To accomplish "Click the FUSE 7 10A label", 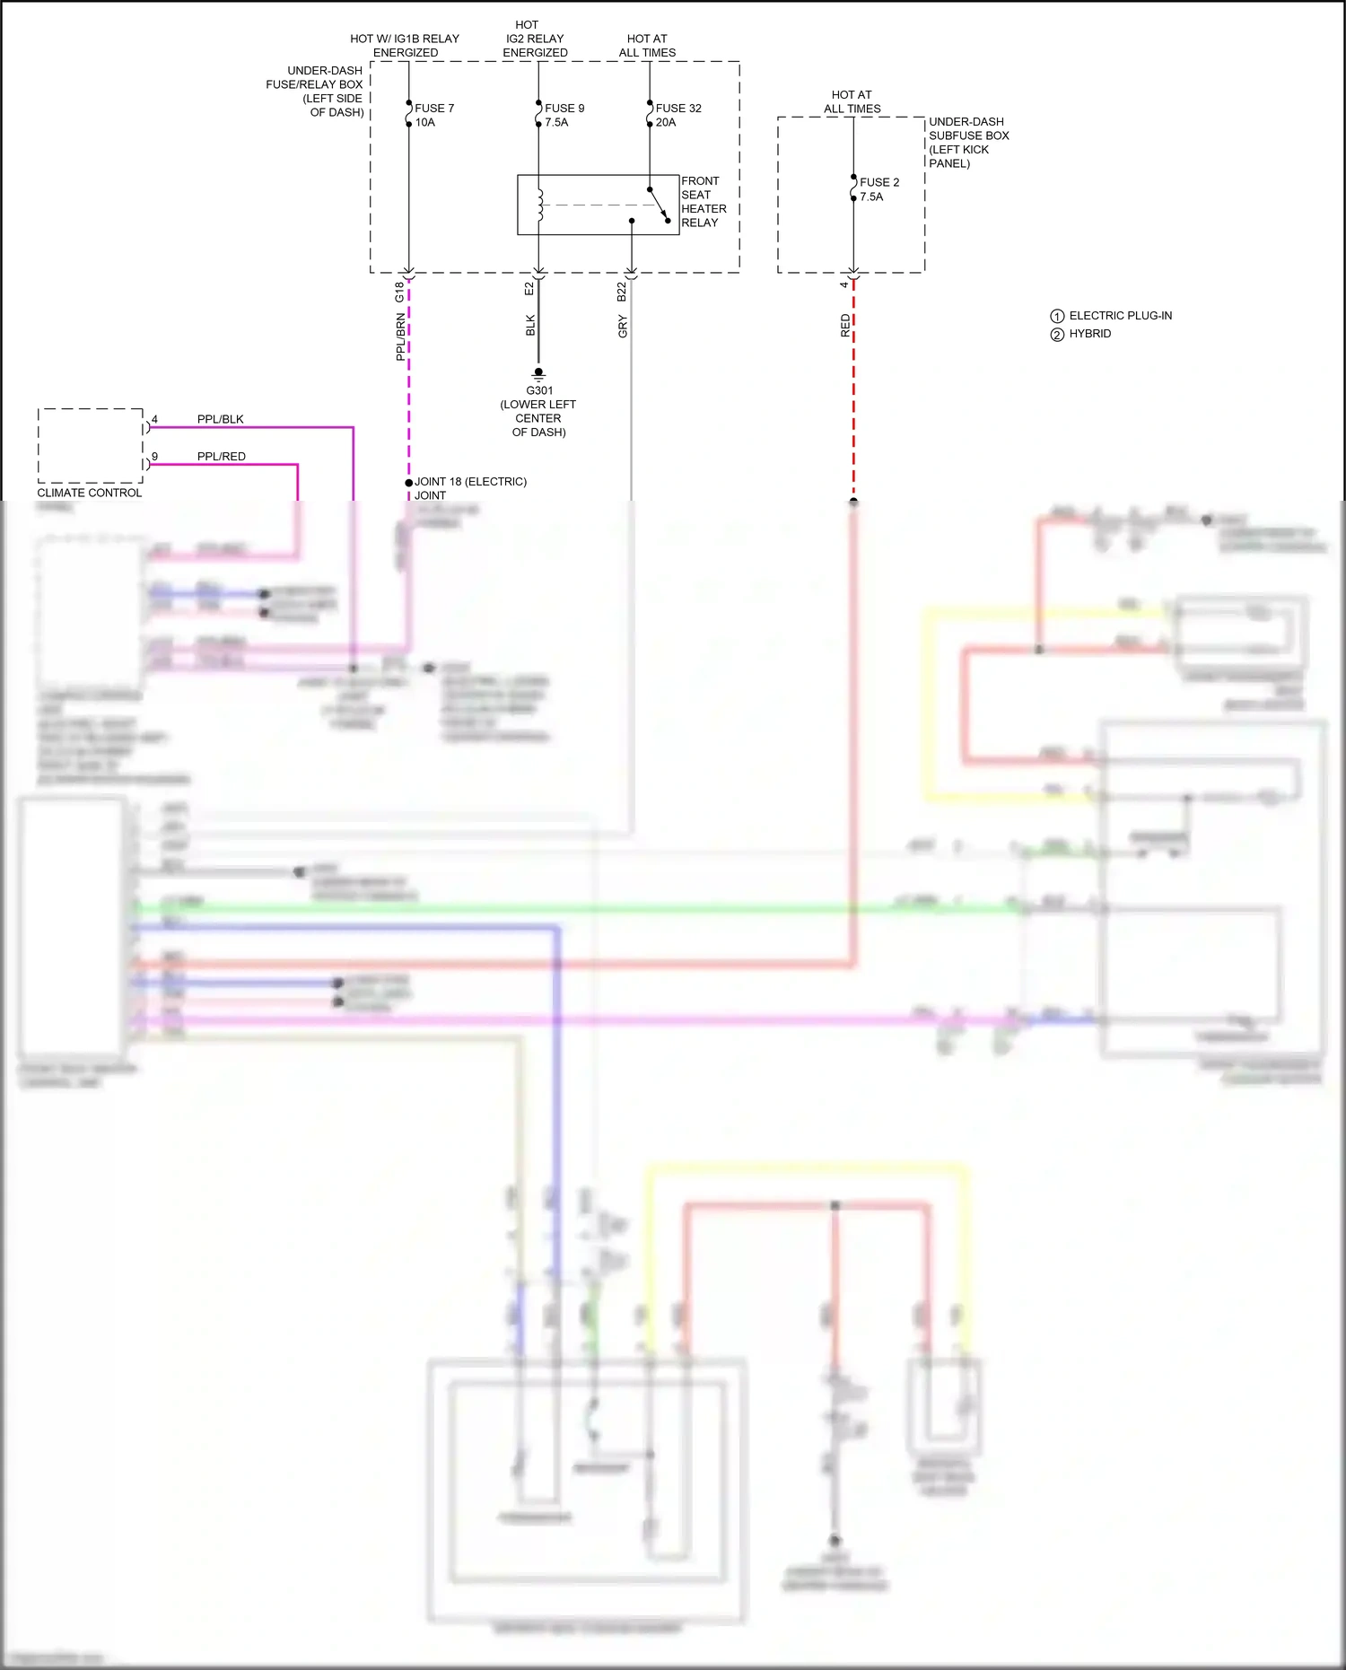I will click(434, 115).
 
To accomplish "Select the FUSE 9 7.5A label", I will click(564, 115).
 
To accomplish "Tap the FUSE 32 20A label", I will click(678, 115).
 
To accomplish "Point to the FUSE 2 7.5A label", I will click(878, 189).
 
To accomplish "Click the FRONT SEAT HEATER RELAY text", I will click(704, 202).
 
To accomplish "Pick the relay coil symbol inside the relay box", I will click(540, 205).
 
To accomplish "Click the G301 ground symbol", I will click(538, 373).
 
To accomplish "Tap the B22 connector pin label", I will click(622, 291).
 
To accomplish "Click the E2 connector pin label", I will click(529, 289).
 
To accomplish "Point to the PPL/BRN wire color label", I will click(400, 337).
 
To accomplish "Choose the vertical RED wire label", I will click(845, 326).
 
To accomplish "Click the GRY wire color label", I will click(623, 327).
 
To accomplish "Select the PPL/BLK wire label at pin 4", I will click(220, 419).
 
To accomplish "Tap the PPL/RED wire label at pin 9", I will click(221, 456).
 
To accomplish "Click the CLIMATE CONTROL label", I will click(90, 493).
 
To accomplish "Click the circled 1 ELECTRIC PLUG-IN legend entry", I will click(1111, 316).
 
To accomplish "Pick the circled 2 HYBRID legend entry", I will click(1081, 334).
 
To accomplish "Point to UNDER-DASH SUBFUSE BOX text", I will click(968, 128).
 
